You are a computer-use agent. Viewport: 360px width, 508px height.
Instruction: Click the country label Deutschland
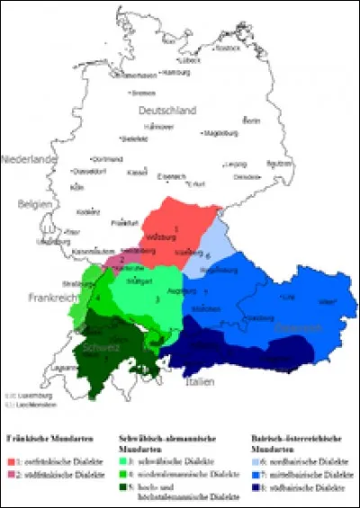(x=166, y=111)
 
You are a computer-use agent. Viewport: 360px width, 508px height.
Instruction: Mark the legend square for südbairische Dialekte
(x=254, y=486)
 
